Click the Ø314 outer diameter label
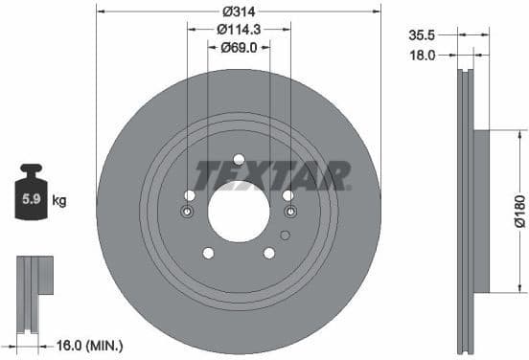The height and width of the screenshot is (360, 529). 239,11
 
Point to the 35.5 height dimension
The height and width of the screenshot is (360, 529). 423,34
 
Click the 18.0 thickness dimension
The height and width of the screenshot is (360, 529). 423,56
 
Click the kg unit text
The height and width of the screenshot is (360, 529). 58,201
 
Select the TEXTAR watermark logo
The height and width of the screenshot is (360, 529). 272,176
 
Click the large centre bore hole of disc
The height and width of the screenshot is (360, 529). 239,212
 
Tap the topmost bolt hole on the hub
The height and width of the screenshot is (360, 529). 239,159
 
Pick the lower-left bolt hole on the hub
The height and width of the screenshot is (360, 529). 208,253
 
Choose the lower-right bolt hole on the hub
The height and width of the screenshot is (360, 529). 269,253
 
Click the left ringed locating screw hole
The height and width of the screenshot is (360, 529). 188,212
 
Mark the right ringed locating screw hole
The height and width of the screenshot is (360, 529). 290,212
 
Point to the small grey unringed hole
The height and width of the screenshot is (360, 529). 284,235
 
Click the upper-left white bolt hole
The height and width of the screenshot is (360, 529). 189,195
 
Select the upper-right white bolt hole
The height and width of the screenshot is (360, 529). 287,195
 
